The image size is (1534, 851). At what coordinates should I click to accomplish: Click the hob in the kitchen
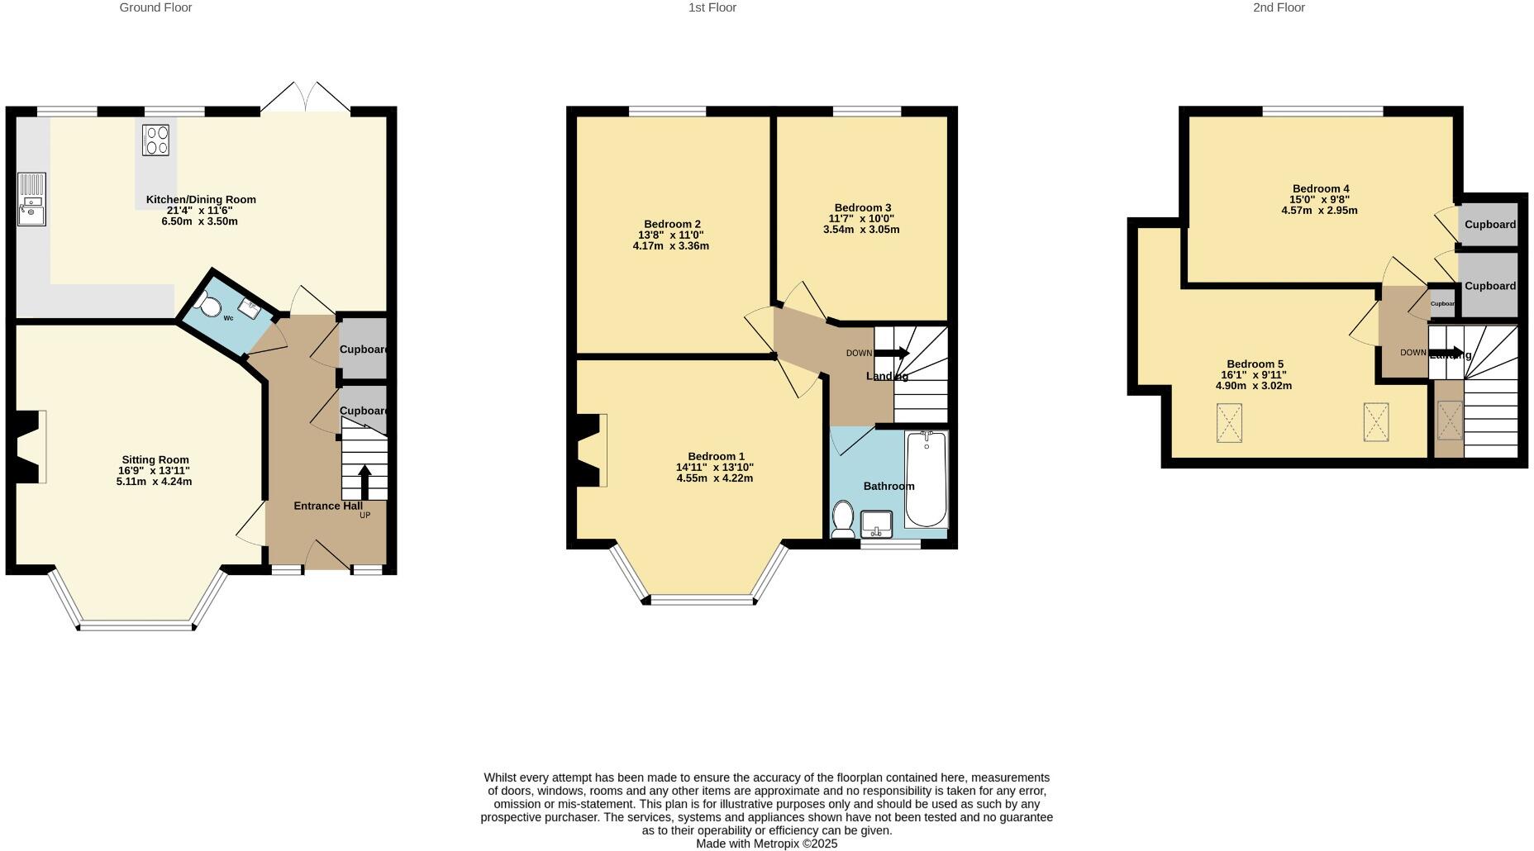pyautogui.click(x=155, y=140)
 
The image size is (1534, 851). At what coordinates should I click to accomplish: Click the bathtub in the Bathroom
pyautogui.click(x=926, y=479)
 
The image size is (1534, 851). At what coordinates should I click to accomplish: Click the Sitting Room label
pyautogui.click(x=155, y=460)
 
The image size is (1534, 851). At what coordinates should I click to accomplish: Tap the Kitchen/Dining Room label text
pyautogui.click(x=201, y=199)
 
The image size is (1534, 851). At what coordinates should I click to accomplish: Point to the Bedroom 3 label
pyautogui.click(x=862, y=207)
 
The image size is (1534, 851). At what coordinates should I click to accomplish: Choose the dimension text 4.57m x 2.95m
pyautogui.click(x=1319, y=211)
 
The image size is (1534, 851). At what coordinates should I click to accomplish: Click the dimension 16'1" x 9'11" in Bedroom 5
pyautogui.click(x=1254, y=375)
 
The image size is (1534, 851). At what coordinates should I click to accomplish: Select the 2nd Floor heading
pyautogui.click(x=1279, y=7)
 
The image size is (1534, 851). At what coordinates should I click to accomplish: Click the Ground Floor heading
pyautogui.click(x=155, y=7)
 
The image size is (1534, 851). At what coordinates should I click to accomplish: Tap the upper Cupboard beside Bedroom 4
pyautogui.click(x=1489, y=224)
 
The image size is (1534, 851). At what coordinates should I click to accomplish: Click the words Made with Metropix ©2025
pyautogui.click(x=766, y=844)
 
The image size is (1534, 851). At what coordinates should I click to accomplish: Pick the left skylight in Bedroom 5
pyautogui.click(x=1229, y=423)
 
